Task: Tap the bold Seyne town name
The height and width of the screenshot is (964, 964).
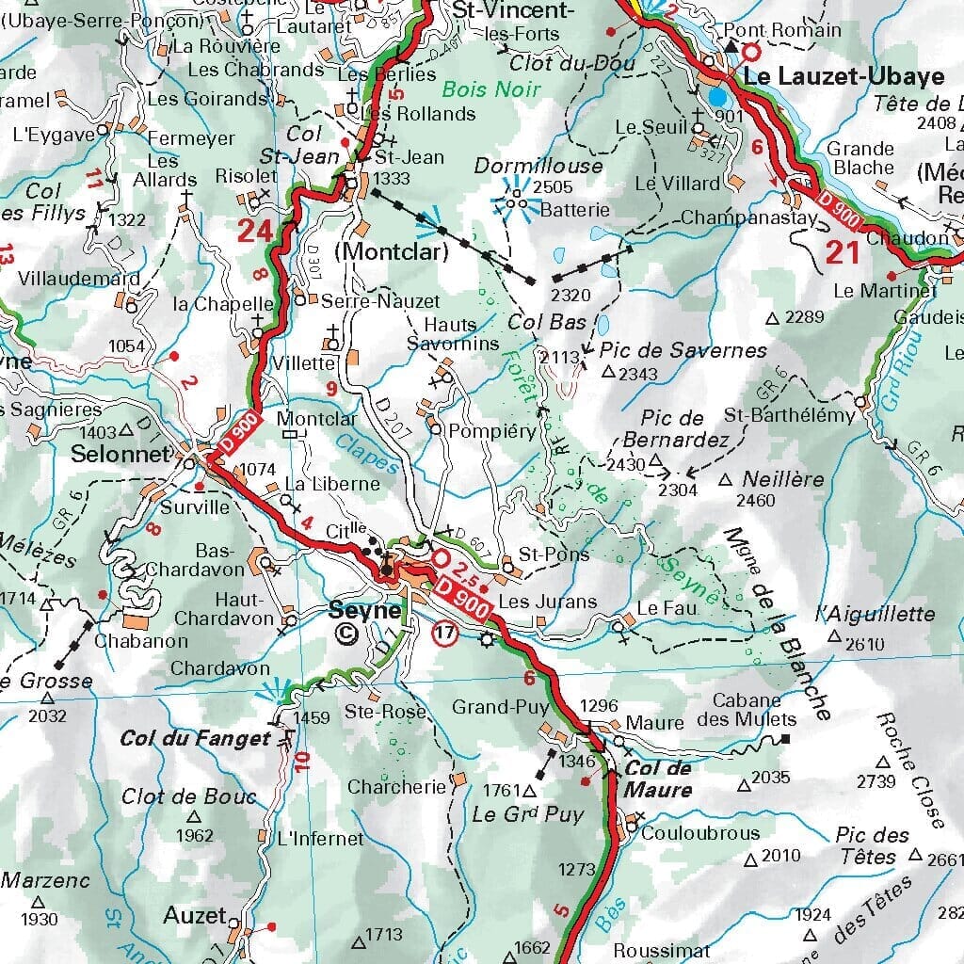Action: tap(364, 610)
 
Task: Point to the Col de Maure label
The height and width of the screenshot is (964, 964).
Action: tap(659, 779)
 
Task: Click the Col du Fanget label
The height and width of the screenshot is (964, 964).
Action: tap(195, 739)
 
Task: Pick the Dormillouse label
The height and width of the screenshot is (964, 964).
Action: tap(538, 166)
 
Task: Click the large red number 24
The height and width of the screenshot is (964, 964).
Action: tap(254, 231)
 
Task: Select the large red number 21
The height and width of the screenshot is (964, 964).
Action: tap(843, 252)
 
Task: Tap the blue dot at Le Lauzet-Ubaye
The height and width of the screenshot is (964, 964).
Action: tap(718, 97)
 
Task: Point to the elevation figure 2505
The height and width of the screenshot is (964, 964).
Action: tap(553, 187)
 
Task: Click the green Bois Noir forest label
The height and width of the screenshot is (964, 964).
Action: tap(491, 89)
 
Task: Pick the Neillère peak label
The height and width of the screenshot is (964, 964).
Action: tap(782, 479)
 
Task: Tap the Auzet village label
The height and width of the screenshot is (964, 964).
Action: tap(194, 915)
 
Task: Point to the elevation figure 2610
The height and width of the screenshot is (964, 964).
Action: tap(866, 645)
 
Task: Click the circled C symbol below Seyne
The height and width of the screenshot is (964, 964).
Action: tap(346, 635)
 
